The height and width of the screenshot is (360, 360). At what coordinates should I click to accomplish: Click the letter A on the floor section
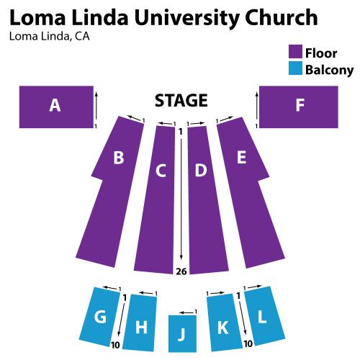pos(55,106)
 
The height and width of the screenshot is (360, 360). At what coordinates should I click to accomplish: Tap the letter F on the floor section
pos(300,105)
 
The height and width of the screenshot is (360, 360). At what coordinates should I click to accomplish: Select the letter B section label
pos(119,158)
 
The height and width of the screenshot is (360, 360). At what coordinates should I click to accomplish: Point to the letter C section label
pos(161,171)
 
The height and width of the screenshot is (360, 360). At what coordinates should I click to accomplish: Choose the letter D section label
pos(201,170)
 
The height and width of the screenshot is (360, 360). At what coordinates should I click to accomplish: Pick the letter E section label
pos(241,158)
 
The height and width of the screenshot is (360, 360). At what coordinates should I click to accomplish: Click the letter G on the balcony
pos(100,317)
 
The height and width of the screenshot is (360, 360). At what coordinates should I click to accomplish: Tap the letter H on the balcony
pos(141,327)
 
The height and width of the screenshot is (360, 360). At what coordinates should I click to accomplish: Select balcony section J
pos(182,333)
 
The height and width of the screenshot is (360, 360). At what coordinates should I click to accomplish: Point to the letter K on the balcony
pos(223,328)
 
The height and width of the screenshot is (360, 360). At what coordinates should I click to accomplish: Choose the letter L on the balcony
pos(262,317)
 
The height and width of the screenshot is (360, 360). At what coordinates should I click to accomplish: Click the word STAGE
pos(181,101)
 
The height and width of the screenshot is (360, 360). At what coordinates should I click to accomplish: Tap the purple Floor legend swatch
pos(295,51)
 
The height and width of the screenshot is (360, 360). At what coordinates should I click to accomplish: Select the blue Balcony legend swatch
pos(295,68)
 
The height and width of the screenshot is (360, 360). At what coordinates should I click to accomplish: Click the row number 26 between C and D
pos(181,271)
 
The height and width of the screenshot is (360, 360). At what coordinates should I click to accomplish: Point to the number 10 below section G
pos(115,345)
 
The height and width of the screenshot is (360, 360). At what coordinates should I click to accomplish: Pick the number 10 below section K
pos(248,344)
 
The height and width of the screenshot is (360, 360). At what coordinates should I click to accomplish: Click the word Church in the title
pos(282,17)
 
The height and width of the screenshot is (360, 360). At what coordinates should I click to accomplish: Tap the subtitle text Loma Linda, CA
pos(50,37)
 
